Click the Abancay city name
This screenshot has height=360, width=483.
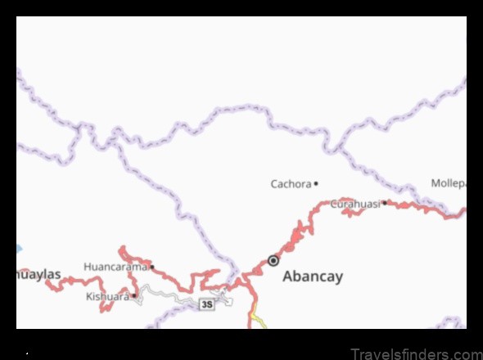[x=312, y=277]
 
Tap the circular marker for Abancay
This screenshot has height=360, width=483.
[x=273, y=261]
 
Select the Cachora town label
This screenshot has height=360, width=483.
[x=291, y=184]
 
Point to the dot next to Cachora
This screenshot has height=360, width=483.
[x=316, y=183]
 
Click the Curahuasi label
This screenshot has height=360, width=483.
[x=354, y=204]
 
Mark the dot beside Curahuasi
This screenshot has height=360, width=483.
[x=384, y=202]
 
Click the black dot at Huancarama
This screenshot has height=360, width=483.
[x=151, y=267]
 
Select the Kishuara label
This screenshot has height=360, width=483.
[x=107, y=296]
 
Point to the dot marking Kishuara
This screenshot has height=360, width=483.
[x=134, y=295]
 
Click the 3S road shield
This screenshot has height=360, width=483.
[x=206, y=304]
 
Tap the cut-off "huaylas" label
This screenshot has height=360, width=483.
[x=39, y=275]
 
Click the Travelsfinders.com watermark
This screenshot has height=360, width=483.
[x=416, y=354]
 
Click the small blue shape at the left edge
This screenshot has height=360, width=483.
[x=19, y=248]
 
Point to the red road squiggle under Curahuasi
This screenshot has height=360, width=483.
[x=373, y=213]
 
